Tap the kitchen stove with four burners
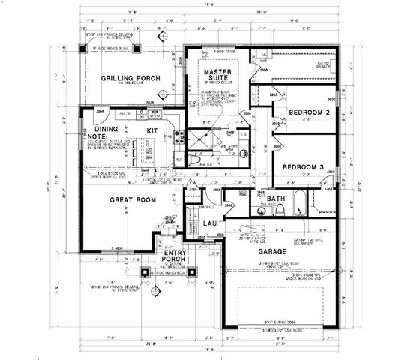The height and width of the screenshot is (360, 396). [180, 138]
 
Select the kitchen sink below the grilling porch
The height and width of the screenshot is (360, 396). [152, 115]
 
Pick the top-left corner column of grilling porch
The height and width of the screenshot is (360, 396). [82, 49]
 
